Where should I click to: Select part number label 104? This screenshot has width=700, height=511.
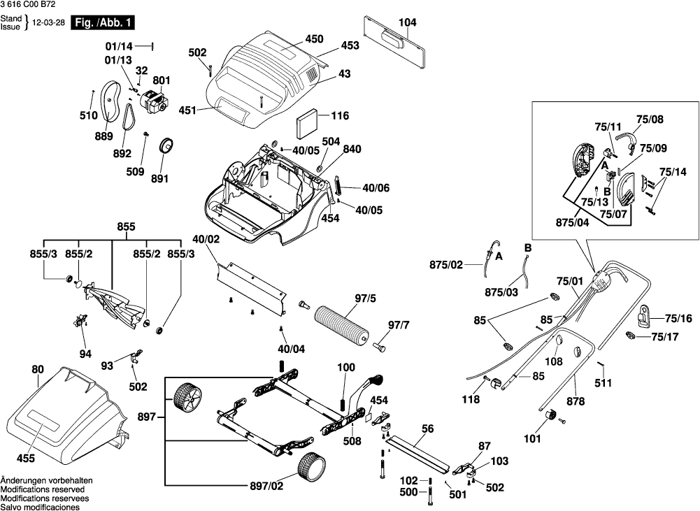click(x=407, y=23)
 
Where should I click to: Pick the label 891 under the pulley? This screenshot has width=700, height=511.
click(x=160, y=178)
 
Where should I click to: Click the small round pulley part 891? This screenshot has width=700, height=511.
click(x=167, y=146)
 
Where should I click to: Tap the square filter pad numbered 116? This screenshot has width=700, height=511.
click(x=306, y=124)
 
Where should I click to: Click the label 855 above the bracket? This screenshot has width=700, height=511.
click(x=126, y=227)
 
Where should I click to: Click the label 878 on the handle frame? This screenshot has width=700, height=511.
click(x=576, y=401)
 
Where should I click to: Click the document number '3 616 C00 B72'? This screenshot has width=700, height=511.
click(x=29, y=5)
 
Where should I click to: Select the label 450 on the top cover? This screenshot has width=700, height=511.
click(x=304, y=40)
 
